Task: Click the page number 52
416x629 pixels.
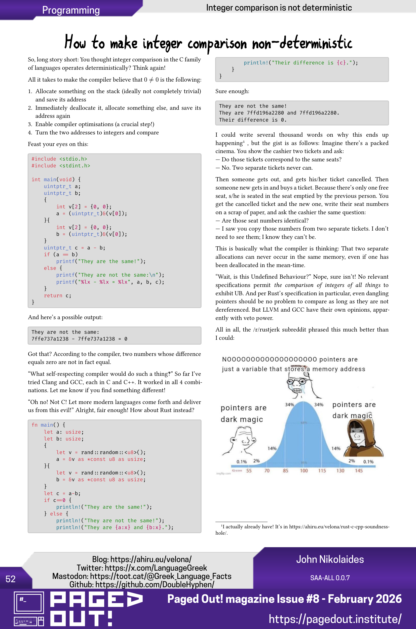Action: pyautogui.click(x=11, y=579)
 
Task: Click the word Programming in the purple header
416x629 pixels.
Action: pyautogui.click(x=71, y=10)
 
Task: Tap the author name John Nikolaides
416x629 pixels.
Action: pyautogui.click(x=330, y=559)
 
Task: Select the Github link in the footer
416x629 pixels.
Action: pyautogui.click(x=142, y=584)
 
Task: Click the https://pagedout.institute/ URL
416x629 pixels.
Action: pyautogui.click(x=335, y=619)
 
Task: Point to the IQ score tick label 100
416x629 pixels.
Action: pyautogui.click(x=304, y=471)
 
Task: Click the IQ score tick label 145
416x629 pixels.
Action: pyautogui.click(x=359, y=471)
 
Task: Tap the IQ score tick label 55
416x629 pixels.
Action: pyautogui.click(x=249, y=471)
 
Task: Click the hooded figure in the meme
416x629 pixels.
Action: pyautogui.click(x=363, y=438)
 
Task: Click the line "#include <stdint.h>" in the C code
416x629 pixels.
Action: pyautogui.click(x=61, y=166)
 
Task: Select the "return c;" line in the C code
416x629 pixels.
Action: pyautogui.click(x=57, y=295)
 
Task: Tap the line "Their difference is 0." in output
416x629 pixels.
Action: pyautogui.click(x=253, y=120)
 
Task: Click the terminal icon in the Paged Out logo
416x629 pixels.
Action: pyautogui.click(x=29, y=603)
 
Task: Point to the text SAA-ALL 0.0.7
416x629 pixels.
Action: pyautogui.click(x=330, y=578)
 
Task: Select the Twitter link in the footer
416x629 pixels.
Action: pyautogui.click(x=142, y=568)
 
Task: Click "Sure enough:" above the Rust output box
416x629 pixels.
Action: pyautogui.click(x=232, y=91)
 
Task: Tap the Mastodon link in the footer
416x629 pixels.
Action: pyautogui.click(x=142, y=576)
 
